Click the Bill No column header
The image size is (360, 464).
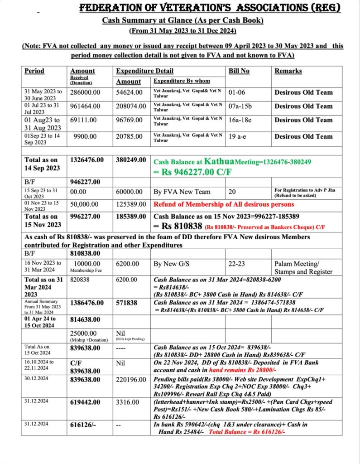(x=239, y=71)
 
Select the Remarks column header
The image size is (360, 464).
(x=288, y=71)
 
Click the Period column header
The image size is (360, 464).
(x=34, y=71)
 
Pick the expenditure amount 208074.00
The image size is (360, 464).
(x=131, y=106)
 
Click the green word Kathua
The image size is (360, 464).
(x=219, y=161)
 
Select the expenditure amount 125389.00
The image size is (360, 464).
(x=131, y=204)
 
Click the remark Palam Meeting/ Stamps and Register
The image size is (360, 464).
(x=303, y=267)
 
